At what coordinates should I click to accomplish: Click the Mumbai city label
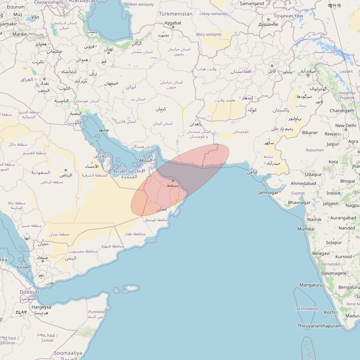point(306,229)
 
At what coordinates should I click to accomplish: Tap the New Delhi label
point(345,126)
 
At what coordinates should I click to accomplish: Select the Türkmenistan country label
point(176,14)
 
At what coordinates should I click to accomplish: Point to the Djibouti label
point(29,292)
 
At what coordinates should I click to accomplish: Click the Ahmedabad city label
point(303,183)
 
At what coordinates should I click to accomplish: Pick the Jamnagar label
point(268,193)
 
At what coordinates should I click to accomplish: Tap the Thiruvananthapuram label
point(319,326)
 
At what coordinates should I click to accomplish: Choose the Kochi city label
point(329,312)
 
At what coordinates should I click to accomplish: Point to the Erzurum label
point(16,7)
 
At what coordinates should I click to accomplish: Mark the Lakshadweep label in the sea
point(306,309)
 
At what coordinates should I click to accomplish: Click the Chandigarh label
point(341,111)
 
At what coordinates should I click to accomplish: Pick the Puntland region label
point(96,312)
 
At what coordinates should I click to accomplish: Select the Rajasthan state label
point(314,150)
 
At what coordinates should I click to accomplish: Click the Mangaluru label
point(311,285)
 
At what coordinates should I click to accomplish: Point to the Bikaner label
point(310,132)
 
